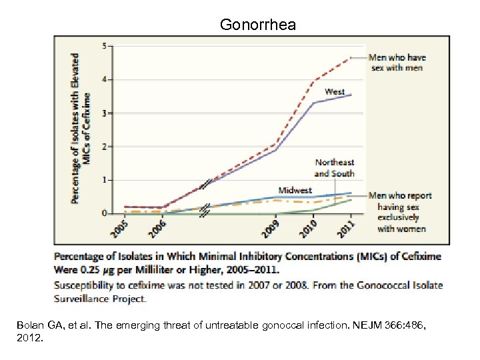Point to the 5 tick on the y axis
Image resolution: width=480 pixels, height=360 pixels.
pyautogui.click(x=102, y=45)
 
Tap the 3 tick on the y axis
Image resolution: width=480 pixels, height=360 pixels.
pyautogui.click(x=102, y=113)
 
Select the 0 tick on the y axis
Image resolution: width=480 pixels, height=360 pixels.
pyautogui.click(x=102, y=213)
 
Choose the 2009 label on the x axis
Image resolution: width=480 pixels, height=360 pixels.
pyautogui.click(x=269, y=229)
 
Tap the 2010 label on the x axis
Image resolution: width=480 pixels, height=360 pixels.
pyautogui.click(x=307, y=229)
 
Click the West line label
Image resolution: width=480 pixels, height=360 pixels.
pyautogui.click(x=335, y=91)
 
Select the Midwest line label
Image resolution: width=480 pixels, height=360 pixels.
pyautogui.click(x=295, y=191)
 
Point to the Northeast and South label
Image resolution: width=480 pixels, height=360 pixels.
pyautogui.click(x=335, y=168)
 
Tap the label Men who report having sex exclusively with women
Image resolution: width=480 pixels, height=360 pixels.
pyautogui.click(x=400, y=212)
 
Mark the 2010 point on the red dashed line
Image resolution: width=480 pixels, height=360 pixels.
pyautogui.click(x=314, y=82)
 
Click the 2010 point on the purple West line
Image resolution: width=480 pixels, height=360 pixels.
pyautogui.click(x=314, y=103)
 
